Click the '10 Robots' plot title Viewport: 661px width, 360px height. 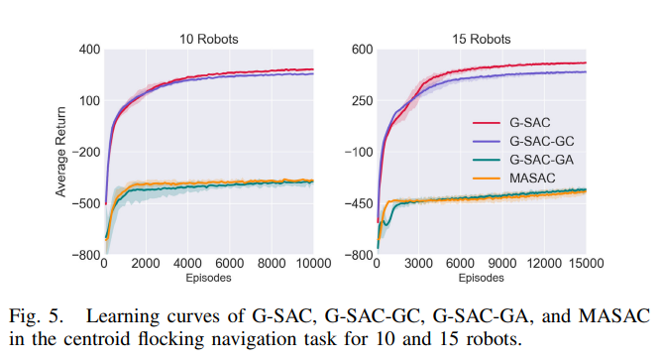tap(208, 40)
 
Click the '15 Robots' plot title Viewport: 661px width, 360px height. tap(481, 40)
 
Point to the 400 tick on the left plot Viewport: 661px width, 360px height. tap(89, 50)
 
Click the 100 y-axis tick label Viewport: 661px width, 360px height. tap(89, 101)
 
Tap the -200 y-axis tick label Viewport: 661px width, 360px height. tap(87, 153)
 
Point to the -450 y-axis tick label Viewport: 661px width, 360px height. tap(358, 204)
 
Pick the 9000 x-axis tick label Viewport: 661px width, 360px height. tap(491, 263)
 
